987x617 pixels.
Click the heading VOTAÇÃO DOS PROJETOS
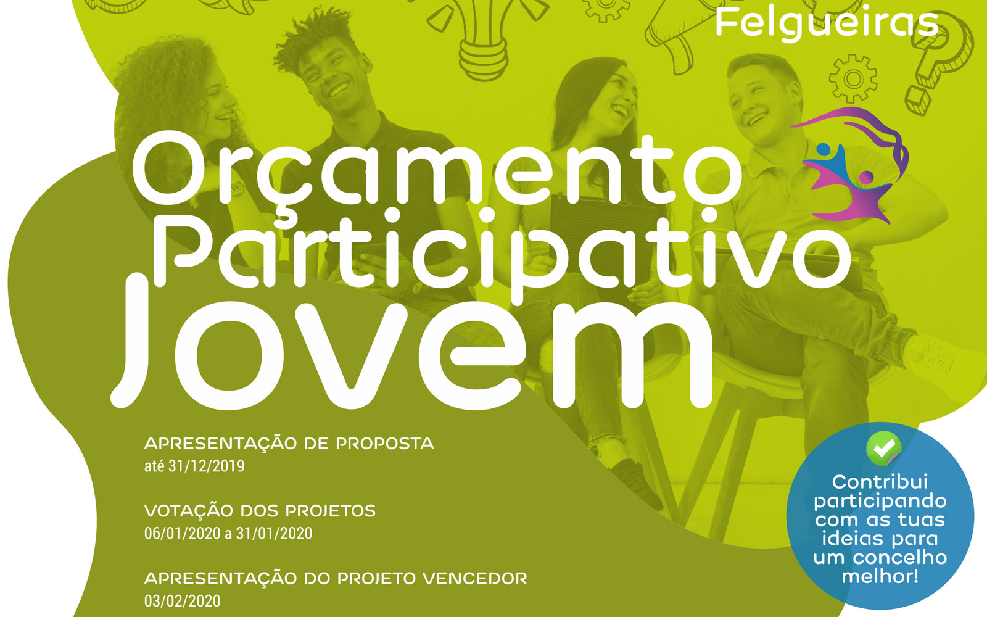(260, 511)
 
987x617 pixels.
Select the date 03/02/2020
(183, 601)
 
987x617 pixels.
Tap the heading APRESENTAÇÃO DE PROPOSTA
(289, 444)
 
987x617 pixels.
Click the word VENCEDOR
(475, 578)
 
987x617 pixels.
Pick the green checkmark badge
(883, 449)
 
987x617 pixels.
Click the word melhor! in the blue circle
(880, 576)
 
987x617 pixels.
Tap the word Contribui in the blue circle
(880, 481)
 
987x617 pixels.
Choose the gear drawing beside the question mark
(853, 78)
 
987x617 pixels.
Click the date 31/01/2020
(274, 533)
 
